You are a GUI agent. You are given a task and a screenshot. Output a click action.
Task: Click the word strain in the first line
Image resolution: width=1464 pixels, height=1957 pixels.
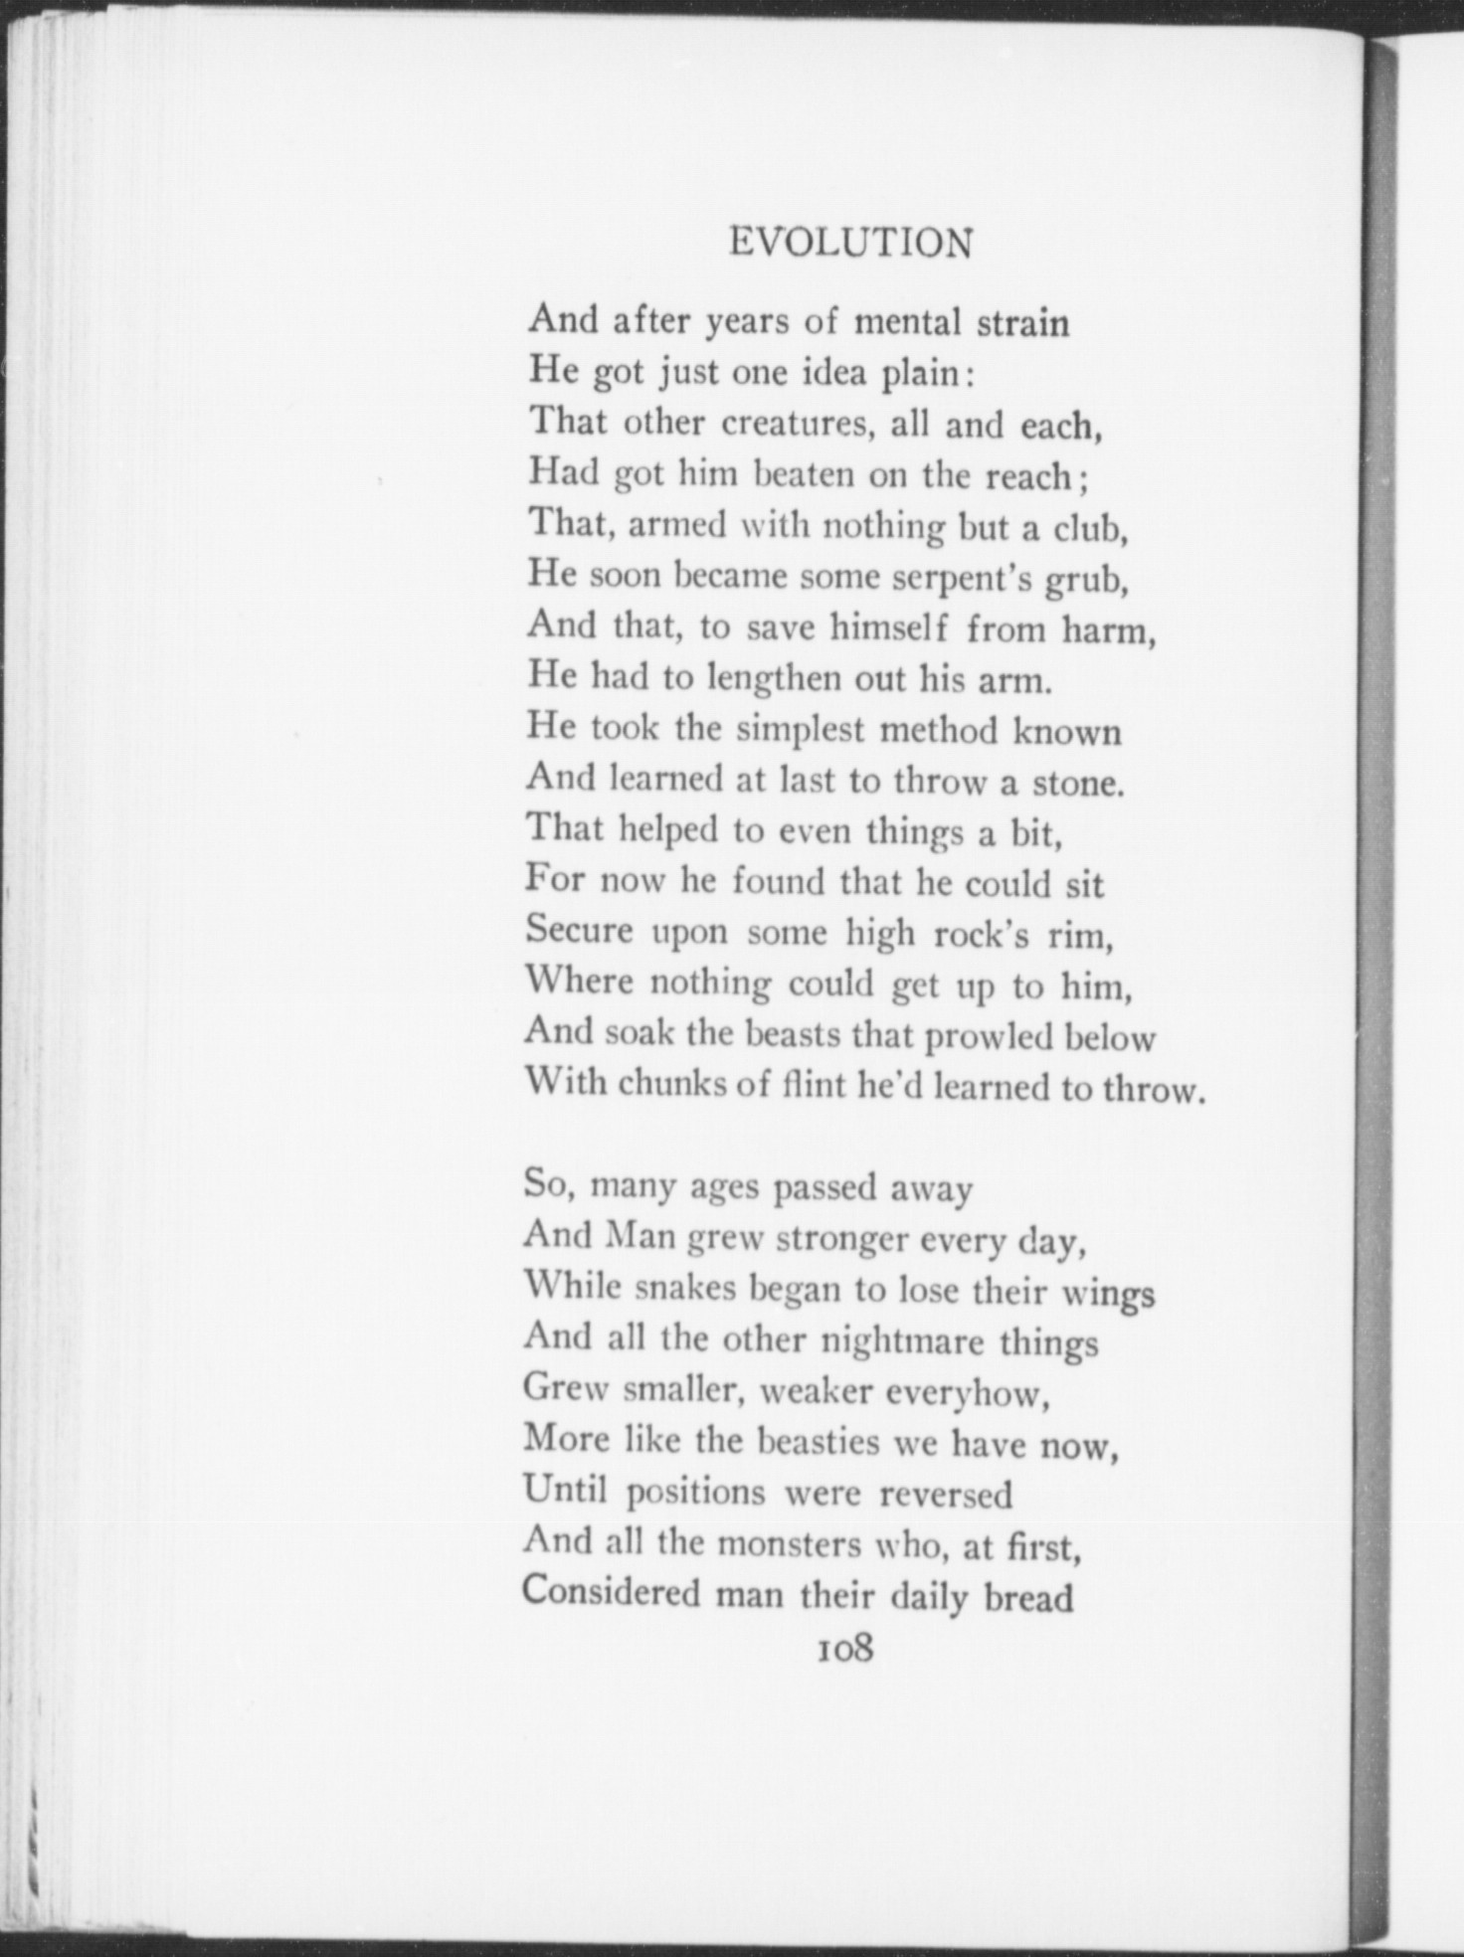tap(1022, 323)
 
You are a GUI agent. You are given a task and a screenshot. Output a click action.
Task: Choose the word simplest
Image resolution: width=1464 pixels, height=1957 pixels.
tap(801, 731)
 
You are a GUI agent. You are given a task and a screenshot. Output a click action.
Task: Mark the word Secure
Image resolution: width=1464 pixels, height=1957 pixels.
tap(579, 931)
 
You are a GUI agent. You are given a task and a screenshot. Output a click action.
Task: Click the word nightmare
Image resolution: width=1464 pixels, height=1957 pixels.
tap(905, 1342)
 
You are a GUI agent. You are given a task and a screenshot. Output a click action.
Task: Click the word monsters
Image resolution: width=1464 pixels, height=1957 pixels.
tap(789, 1544)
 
